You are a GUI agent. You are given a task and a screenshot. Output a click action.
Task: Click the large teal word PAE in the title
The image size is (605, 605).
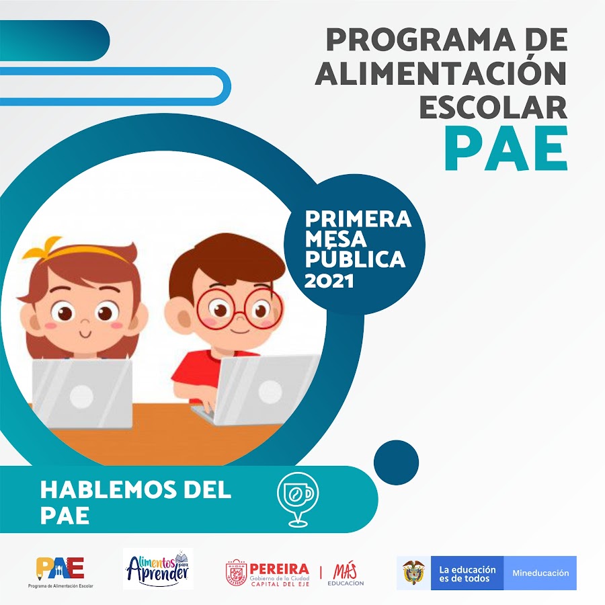tap(506, 149)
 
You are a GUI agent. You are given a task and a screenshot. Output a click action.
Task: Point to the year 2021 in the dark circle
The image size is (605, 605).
tap(329, 281)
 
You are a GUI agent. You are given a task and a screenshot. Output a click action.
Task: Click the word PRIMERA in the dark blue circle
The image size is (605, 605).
tap(358, 218)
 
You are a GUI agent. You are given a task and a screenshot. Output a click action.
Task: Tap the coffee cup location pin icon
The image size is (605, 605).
tap(298, 499)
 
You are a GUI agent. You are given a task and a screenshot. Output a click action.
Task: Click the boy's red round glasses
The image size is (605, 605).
tap(239, 309)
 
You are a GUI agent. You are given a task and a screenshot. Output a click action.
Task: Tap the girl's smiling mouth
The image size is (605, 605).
tap(85, 333)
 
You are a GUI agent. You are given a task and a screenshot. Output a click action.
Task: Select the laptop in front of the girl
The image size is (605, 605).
tap(82, 393)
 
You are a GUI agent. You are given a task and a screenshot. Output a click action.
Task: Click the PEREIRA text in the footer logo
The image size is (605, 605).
tap(280, 569)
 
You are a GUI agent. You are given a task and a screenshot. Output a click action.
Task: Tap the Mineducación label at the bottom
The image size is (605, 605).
tap(540, 573)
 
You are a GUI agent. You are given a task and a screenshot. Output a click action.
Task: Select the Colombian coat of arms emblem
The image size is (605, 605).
tap(413, 573)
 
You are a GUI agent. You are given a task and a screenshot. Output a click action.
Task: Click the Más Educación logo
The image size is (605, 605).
tap(346, 574)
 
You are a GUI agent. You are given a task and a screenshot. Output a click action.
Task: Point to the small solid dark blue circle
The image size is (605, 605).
tap(396, 462)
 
